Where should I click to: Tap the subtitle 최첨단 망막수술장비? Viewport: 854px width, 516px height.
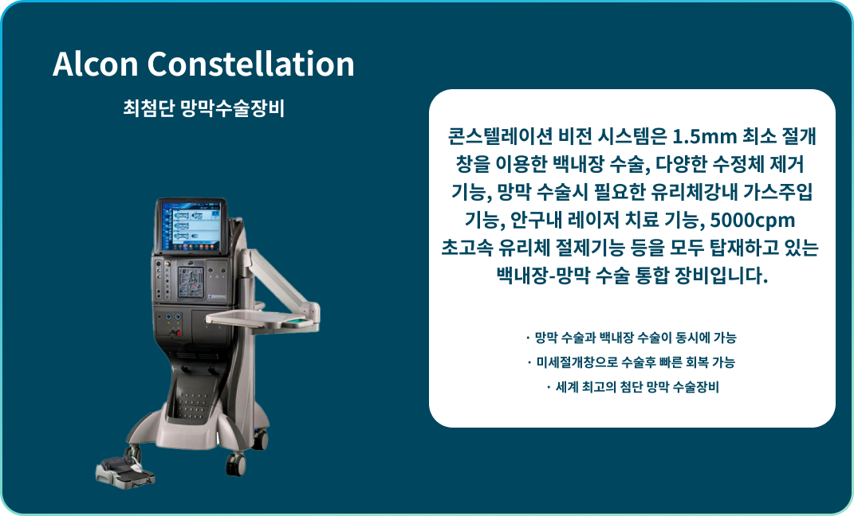coord(203,108)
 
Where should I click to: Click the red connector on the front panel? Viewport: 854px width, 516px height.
coord(179,332)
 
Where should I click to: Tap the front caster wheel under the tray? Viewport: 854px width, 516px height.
coord(236,462)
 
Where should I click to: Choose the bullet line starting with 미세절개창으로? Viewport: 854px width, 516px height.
coord(632,362)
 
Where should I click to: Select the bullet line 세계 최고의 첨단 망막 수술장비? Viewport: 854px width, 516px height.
coord(632,388)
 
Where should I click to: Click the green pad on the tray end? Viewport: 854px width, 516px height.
coord(294,322)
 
